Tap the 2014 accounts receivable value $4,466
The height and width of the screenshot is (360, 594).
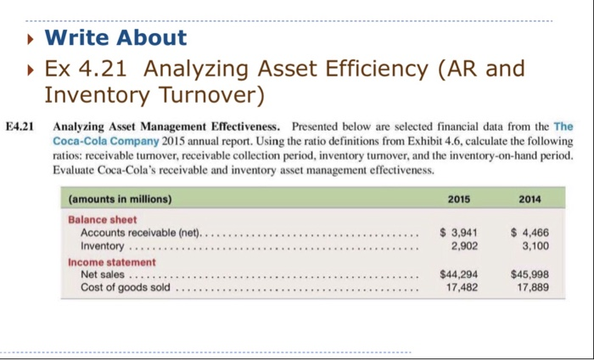coord(526,232)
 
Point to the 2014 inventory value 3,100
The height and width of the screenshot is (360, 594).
coord(530,245)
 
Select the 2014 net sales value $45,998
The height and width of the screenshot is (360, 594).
coord(526,274)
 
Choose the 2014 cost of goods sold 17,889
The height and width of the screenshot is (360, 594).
coord(530,287)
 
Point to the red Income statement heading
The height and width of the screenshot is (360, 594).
coord(112,262)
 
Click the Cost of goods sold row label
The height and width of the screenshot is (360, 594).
coord(126,287)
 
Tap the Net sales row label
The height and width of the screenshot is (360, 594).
coord(103,274)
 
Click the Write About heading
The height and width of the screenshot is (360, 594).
coord(115,37)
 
